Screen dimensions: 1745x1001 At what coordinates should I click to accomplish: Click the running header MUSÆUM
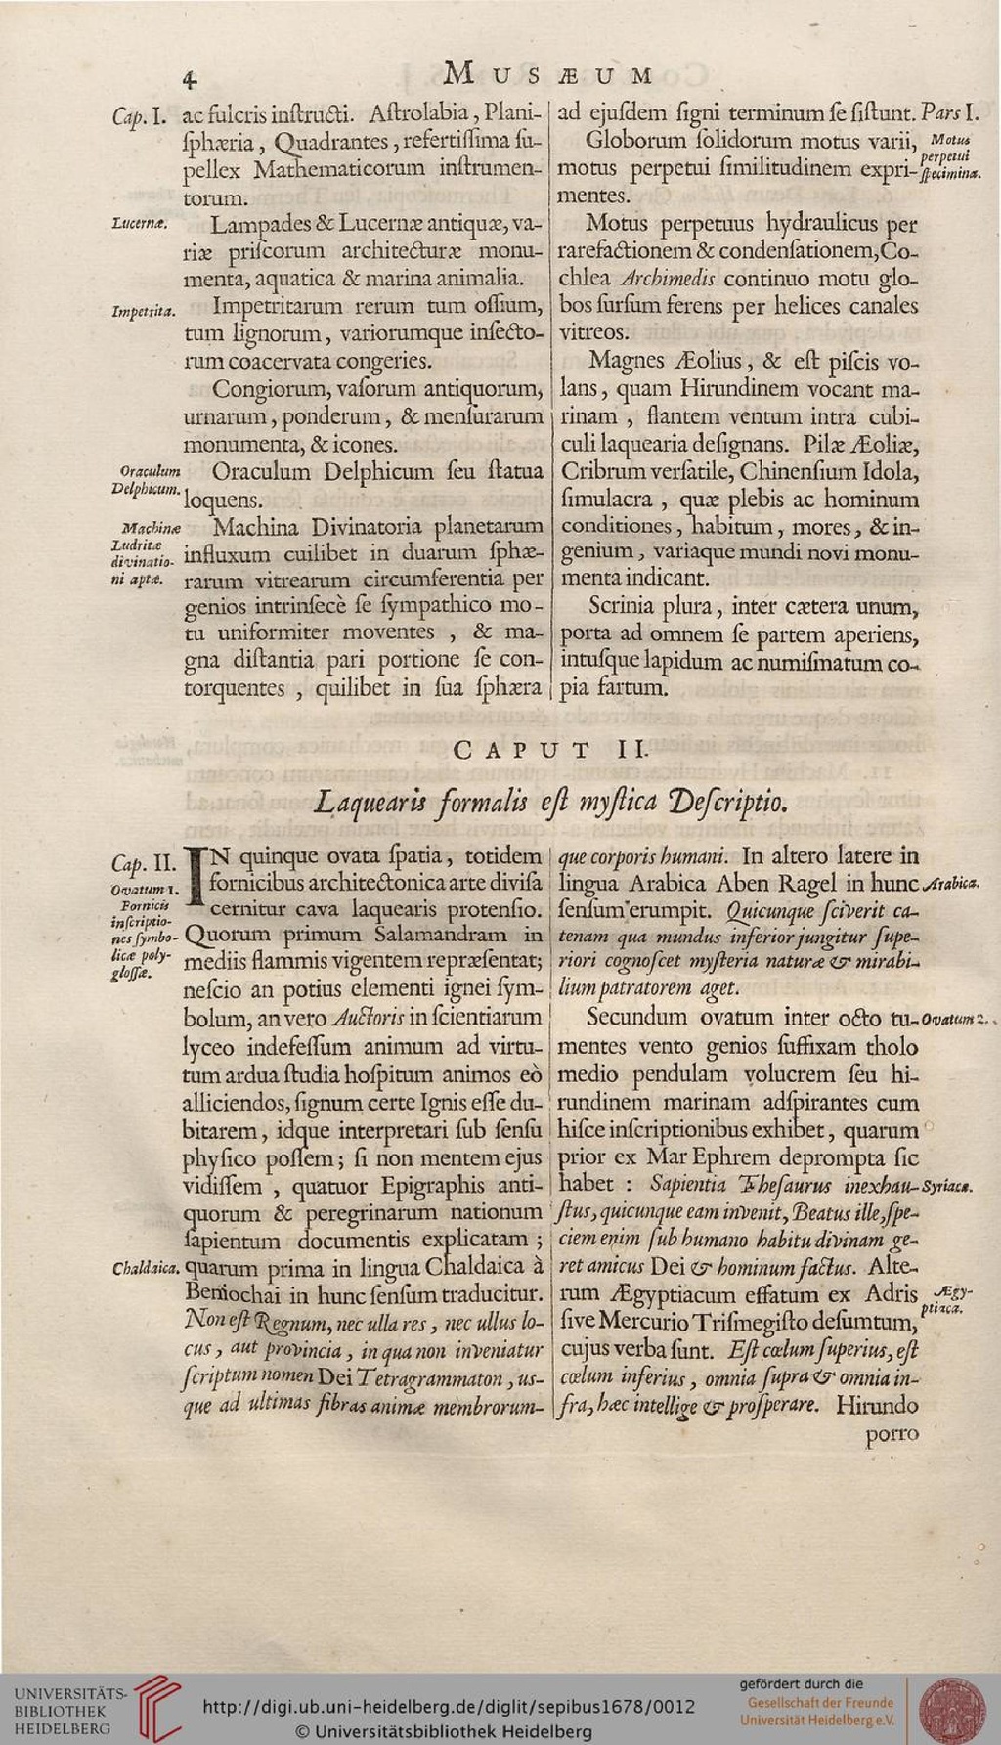[547, 74]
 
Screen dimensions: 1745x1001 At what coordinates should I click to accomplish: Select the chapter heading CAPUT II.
[549, 751]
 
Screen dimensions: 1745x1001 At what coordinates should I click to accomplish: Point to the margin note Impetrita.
[144, 311]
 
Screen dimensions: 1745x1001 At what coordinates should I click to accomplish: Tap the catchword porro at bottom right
[892, 1434]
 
